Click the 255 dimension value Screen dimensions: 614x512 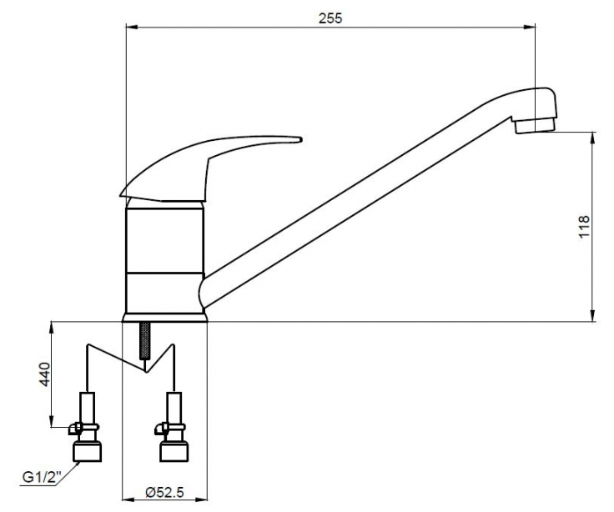point(330,18)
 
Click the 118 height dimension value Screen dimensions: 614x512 point(583,226)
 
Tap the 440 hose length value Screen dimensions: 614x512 point(45,374)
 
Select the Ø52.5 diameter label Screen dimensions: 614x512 point(164,492)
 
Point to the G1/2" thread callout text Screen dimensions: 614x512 point(43,477)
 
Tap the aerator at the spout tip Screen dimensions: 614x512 point(535,126)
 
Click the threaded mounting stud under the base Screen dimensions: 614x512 point(145,340)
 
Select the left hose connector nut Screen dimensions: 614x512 point(88,451)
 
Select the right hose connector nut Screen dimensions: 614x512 point(174,451)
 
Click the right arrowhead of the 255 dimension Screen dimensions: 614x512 point(530,27)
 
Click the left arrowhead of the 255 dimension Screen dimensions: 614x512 point(131,27)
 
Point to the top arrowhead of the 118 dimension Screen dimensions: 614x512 point(594,138)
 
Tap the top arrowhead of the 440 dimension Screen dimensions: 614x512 point(52,327)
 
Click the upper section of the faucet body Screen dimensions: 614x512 point(164,240)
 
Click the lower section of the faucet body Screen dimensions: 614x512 point(164,293)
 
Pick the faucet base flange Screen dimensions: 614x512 point(164,318)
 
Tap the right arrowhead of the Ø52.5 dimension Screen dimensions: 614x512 point(202,499)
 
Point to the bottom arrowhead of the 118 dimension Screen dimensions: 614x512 point(594,315)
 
